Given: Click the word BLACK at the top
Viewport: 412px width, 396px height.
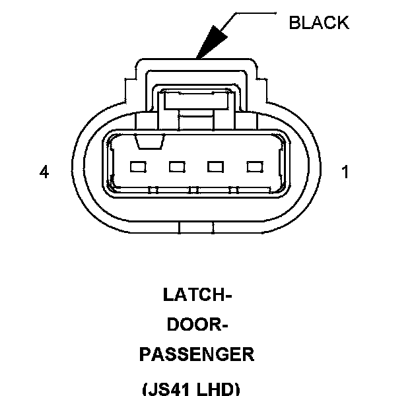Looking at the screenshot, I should pyautogui.click(x=319, y=22).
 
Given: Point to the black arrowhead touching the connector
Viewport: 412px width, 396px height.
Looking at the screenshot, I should pyautogui.click(x=207, y=44).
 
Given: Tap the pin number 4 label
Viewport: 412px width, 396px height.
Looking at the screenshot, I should pyautogui.click(x=44, y=172).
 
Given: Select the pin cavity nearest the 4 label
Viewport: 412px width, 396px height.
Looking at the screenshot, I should pyautogui.click(x=138, y=167).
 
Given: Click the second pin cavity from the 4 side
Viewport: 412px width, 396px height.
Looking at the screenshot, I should pyautogui.click(x=177, y=167).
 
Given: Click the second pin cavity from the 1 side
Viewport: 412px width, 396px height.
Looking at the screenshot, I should pyautogui.click(x=216, y=167).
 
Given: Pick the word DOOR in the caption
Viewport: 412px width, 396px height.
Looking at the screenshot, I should pyautogui.click(x=192, y=325).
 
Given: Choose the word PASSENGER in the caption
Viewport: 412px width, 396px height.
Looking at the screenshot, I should pyautogui.click(x=197, y=354).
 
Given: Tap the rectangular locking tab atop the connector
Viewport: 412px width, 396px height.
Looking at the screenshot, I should pyautogui.click(x=196, y=100).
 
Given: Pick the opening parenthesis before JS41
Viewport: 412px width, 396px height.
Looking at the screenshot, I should pyautogui.click(x=145, y=389).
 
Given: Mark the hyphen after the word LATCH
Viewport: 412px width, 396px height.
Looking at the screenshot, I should pyautogui.click(x=228, y=295).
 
